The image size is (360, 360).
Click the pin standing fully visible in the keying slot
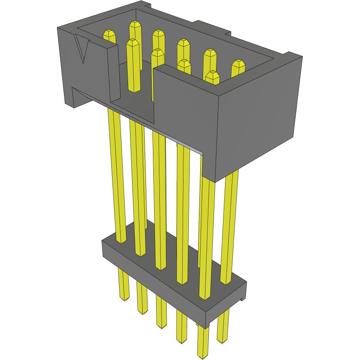(133, 65)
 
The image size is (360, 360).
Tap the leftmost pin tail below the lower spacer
(122, 285)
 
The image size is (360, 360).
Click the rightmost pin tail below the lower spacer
(223, 326)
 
